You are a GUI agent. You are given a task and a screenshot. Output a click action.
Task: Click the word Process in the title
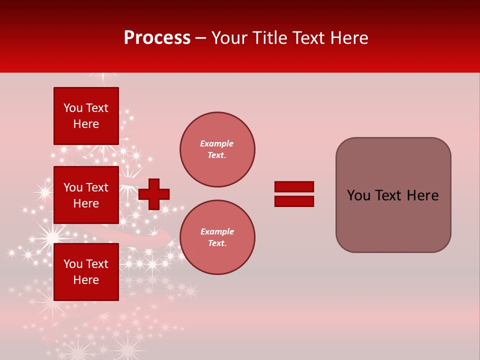pyautogui.click(x=157, y=38)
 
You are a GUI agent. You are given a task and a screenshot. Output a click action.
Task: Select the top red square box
pyautogui.click(x=86, y=116)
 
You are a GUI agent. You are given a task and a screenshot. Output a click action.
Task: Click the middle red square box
pyautogui.click(x=86, y=195)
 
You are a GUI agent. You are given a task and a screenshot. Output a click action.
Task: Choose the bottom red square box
pyautogui.click(x=86, y=272)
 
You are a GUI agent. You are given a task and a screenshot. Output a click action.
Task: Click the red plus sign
pyautogui.click(x=154, y=194)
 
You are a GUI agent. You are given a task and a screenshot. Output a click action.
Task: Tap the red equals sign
pyautogui.click(x=294, y=194)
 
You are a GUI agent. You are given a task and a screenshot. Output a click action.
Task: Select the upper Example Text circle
pyautogui.click(x=217, y=149)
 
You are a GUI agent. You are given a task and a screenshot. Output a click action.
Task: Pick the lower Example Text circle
pyautogui.click(x=217, y=237)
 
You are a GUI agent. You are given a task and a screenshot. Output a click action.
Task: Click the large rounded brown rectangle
pyautogui.click(x=393, y=195)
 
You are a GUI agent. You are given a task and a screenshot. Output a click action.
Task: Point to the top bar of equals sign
pyautogui.click(x=294, y=187)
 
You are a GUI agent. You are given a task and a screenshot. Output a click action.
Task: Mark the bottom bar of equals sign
pyautogui.click(x=294, y=201)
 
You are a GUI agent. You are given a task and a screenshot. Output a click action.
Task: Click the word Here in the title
pyautogui.click(x=348, y=38)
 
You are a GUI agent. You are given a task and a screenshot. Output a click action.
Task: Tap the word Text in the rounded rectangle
pyautogui.click(x=392, y=195)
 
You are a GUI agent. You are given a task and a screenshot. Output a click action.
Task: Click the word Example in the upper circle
pyautogui.click(x=217, y=143)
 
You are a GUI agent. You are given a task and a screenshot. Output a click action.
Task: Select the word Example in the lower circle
pyautogui.click(x=217, y=231)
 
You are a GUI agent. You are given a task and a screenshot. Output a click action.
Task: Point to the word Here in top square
pyautogui.click(x=86, y=124)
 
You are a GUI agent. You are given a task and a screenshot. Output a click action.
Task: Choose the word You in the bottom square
pyautogui.click(x=73, y=264)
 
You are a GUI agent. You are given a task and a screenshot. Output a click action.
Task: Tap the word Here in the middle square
pyautogui.click(x=86, y=203)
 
